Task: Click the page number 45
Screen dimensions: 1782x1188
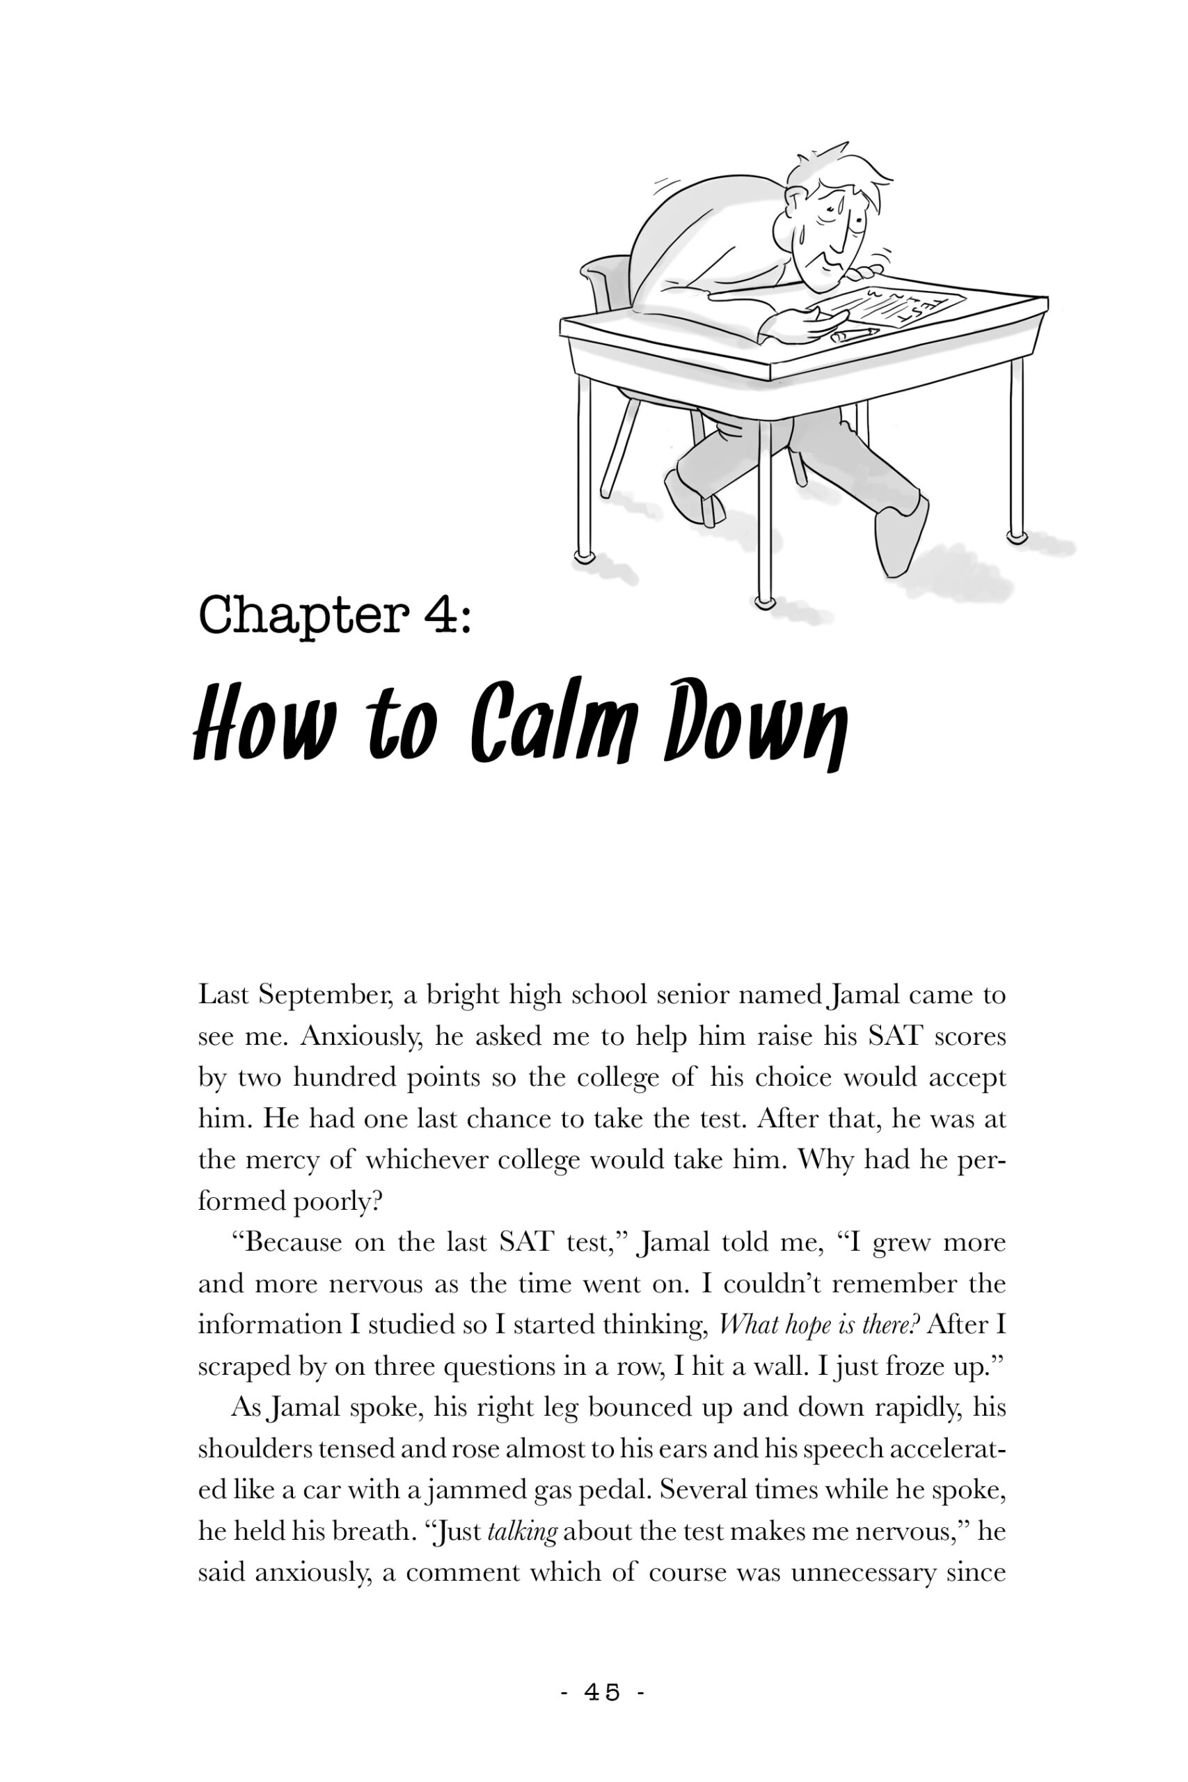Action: (602, 1692)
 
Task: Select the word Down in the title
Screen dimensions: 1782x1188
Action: (754, 719)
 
